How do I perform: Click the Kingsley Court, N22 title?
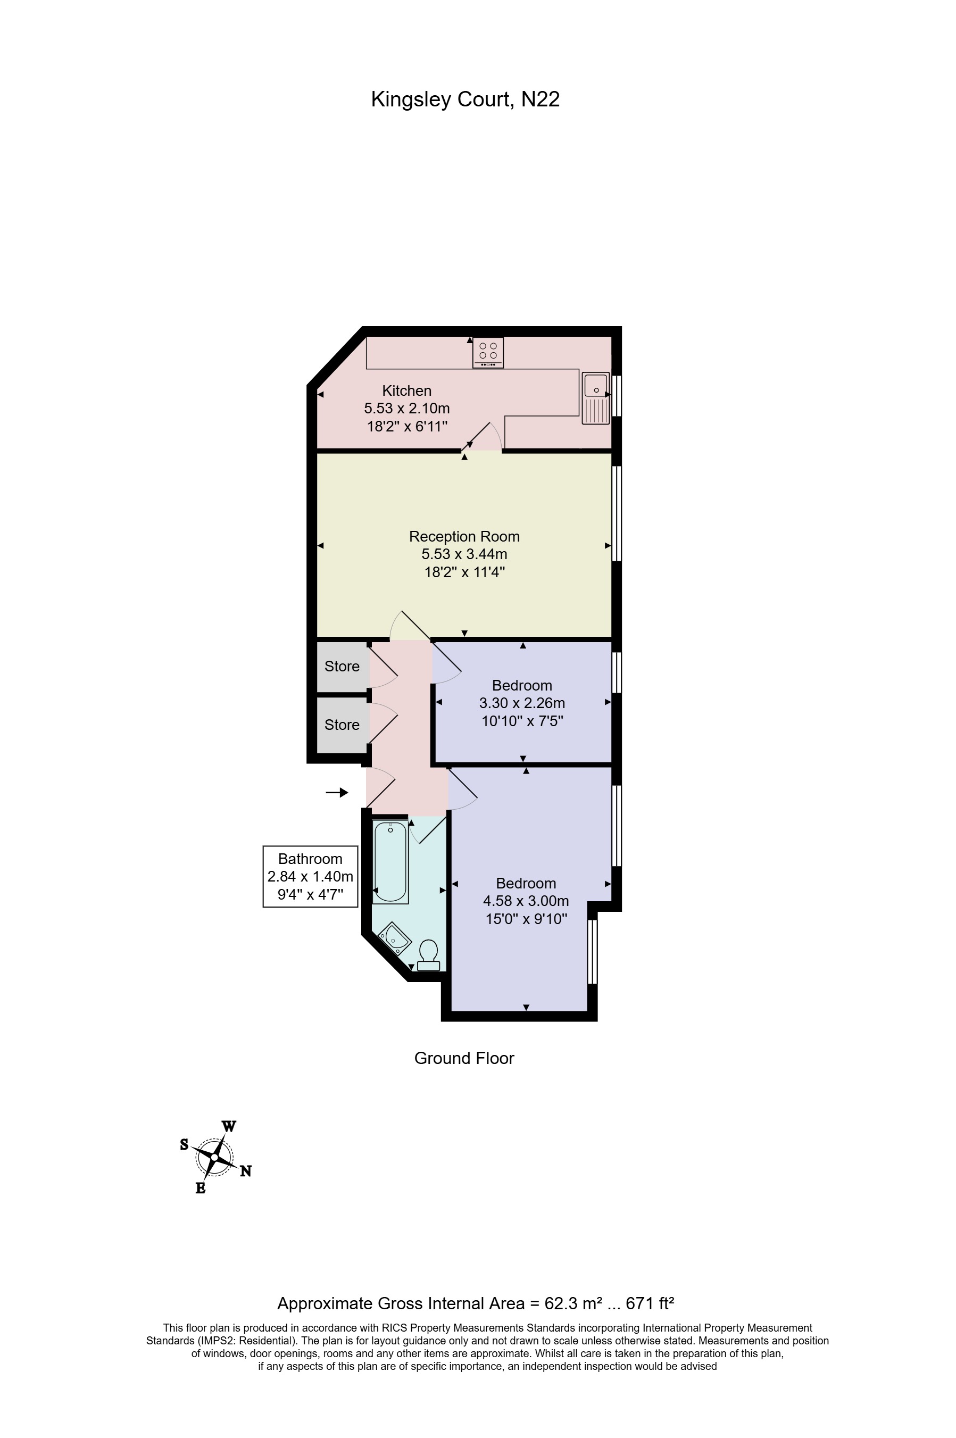click(x=465, y=99)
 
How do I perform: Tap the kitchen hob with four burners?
click(x=488, y=352)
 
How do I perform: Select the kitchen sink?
click(x=596, y=397)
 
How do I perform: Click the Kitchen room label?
click(x=406, y=390)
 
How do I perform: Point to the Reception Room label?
click(x=464, y=536)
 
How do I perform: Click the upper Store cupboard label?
click(x=342, y=666)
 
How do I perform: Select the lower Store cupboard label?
click(x=342, y=725)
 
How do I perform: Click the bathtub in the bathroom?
click(x=389, y=861)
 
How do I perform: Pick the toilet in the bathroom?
click(x=429, y=954)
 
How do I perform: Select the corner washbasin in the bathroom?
click(x=393, y=940)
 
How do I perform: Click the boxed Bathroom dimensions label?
click(x=310, y=877)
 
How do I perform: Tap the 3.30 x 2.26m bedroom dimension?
click(x=522, y=703)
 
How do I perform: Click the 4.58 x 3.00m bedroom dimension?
click(x=526, y=901)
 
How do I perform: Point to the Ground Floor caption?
click(x=464, y=1058)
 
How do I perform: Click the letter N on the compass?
click(x=245, y=1171)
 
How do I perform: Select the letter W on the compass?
click(x=229, y=1126)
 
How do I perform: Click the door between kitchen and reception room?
click(x=481, y=438)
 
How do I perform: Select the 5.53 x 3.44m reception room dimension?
click(x=464, y=554)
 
